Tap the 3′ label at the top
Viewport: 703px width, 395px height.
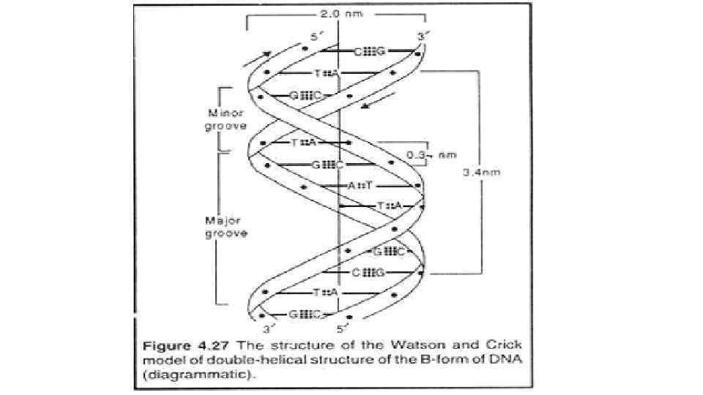(420, 36)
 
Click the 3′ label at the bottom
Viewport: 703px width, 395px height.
(269, 328)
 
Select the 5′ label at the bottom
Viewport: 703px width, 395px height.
(340, 328)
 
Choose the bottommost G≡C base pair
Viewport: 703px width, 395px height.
(305, 315)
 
